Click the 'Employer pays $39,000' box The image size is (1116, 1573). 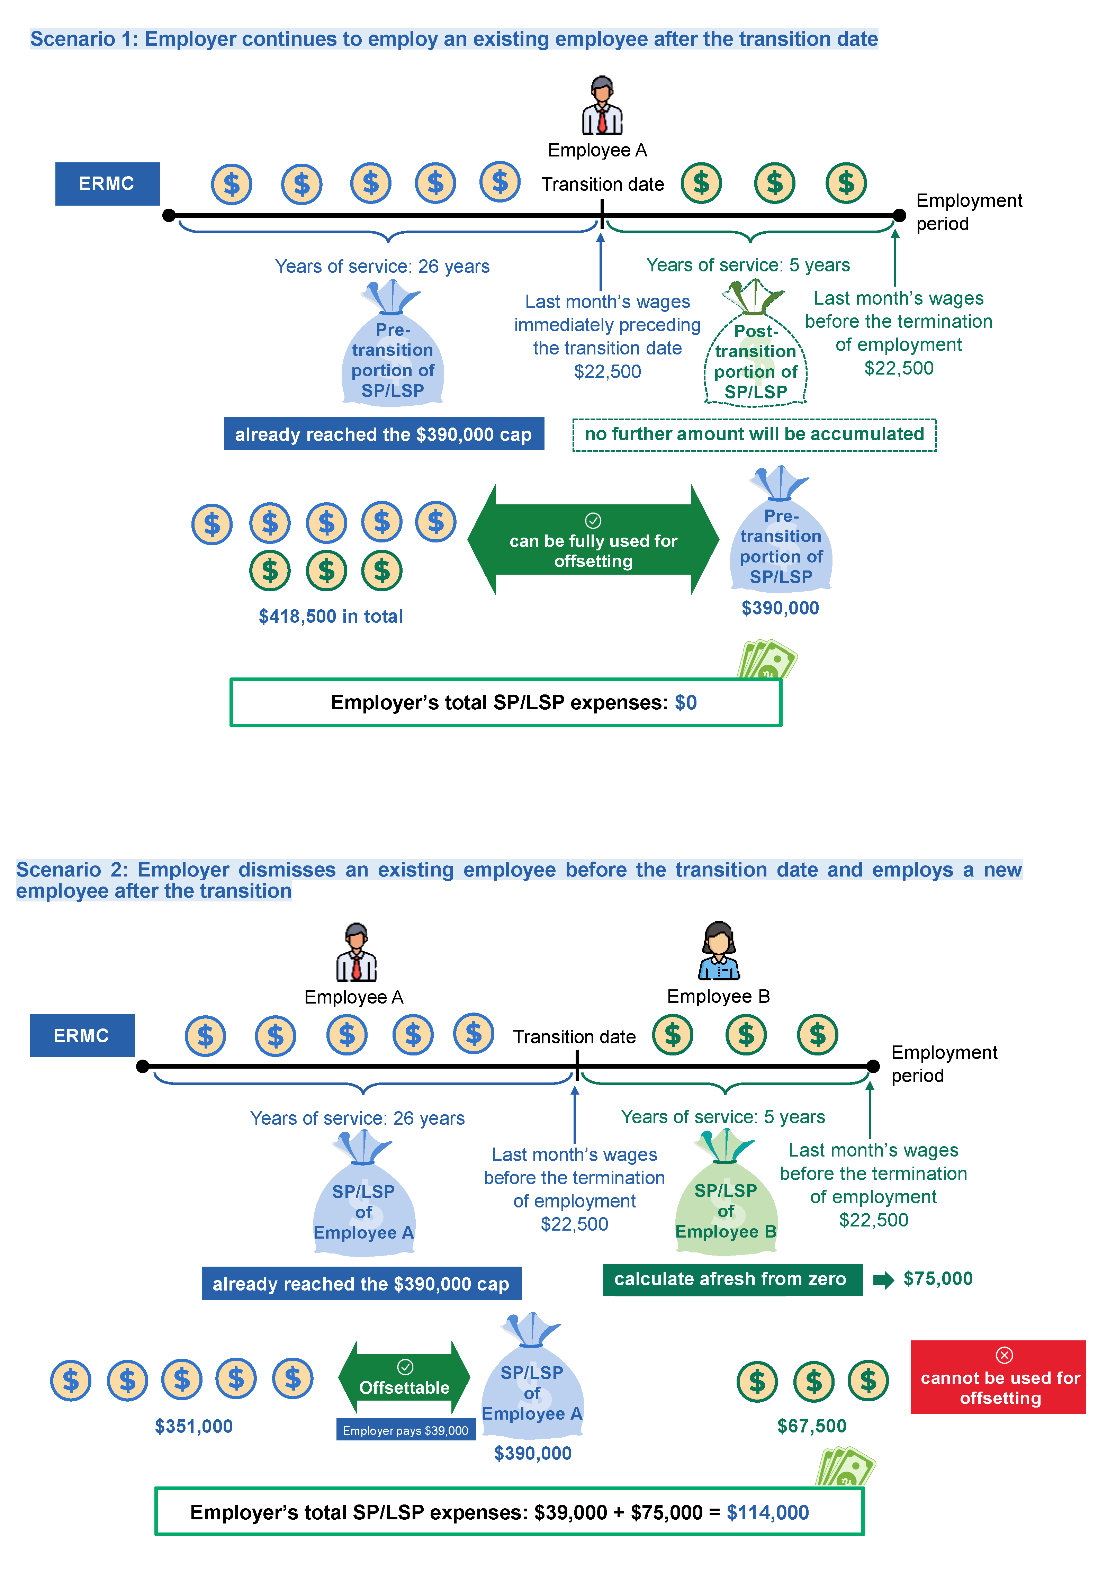click(405, 1430)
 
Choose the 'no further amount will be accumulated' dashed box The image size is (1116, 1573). click(754, 434)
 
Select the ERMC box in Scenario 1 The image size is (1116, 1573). click(107, 184)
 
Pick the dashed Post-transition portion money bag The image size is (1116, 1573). click(755, 350)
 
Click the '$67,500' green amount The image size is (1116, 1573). click(812, 1426)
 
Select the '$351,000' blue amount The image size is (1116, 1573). click(194, 1426)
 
